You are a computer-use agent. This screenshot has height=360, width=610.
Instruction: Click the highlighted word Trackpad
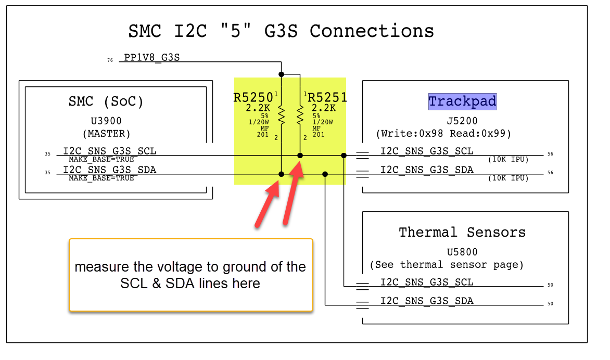pos(462,101)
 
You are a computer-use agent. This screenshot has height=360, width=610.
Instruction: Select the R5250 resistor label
pos(253,97)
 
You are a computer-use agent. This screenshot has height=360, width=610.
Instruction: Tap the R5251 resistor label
pos(327,97)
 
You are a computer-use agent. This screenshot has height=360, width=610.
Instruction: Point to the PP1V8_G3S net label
pos(151,57)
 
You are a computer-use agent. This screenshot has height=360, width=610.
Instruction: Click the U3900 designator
pos(106,121)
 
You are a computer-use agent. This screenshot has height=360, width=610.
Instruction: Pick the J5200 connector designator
pos(462,121)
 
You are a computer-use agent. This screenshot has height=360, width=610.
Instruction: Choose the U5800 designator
pos(462,252)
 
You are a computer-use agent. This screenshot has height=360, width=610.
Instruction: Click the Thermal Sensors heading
pos(462,232)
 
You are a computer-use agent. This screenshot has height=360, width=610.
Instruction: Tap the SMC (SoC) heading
pos(106,101)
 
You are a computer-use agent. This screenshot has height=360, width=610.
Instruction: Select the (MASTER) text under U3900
pos(106,134)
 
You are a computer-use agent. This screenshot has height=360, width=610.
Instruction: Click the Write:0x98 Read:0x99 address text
pos(443,134)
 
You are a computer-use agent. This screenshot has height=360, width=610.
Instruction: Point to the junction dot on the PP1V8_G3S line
pos(281,74)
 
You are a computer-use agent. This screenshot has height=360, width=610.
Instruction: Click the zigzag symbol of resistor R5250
pos(281,114)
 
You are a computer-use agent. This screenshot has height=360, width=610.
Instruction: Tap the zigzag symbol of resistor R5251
pos(300,114)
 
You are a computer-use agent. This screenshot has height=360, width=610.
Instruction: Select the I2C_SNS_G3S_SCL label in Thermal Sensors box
pos(427,282)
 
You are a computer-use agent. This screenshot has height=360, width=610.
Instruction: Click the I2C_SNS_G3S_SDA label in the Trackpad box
pos(427,170)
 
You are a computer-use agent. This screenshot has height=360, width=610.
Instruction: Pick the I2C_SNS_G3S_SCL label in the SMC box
pos(109,151)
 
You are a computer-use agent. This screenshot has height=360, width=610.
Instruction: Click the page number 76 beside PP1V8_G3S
pos(110,61)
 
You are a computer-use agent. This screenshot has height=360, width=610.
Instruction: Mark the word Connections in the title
pos(372,31)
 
